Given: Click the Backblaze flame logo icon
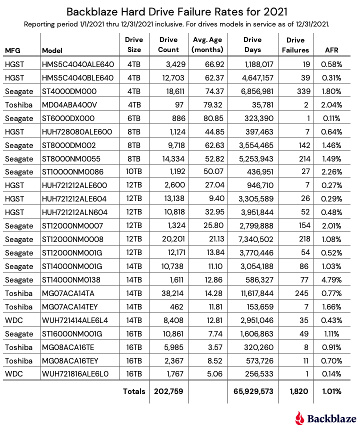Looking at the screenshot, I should pos(300,418).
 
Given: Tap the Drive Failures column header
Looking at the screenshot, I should pos(295,45).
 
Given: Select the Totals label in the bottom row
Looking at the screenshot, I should pos(134,391).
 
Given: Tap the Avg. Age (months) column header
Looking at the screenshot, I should pos(207,45).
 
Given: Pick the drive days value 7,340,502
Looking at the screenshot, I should pos(252,226).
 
